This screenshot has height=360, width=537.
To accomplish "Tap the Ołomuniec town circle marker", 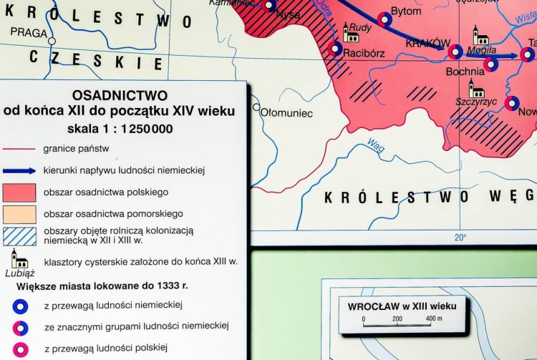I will pyautogui.click(x=256, y=108).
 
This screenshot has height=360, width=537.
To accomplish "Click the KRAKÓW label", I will pyautogui.click(x=427, y=43).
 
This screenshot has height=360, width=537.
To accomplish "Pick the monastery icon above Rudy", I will pyautogui.click(x=351, y=31).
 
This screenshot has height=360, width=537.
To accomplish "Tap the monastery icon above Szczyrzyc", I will pyautogui.click(x=476, y=88).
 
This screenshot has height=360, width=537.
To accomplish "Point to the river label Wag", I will pyautogui.click(x=375, y=144).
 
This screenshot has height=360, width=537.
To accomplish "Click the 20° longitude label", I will pyautogui.click(x=459, y=238).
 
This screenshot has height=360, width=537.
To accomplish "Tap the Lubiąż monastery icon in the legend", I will pyautogui.click(x=19, y=258).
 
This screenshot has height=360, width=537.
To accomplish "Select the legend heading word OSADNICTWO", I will pyautogui.click(x=120, y=95).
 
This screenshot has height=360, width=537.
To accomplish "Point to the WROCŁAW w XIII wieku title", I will pyautogui.click(x=402, y=305).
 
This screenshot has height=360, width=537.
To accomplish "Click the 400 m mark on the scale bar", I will pyautogui.click(x=432, y=318).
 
